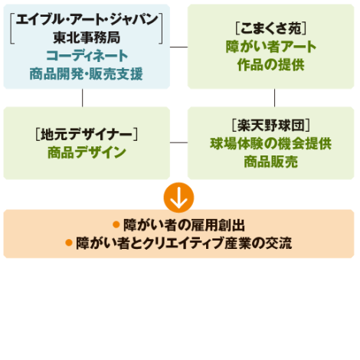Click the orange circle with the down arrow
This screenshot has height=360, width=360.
(x=178, y=198)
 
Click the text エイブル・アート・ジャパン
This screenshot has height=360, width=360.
(x=87, y=19)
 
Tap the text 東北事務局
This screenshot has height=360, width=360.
(x=87, y=38)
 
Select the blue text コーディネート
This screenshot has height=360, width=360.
(x=87, y=56)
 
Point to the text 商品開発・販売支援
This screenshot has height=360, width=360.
(x=87, y=74)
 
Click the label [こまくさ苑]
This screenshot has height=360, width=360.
(x=271, y=28)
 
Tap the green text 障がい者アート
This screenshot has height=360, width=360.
(x=271, y=47)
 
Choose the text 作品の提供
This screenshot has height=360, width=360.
(x=271, y=65)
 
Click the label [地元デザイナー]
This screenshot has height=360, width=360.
(x=87, y=134)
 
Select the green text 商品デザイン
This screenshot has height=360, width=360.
(x=87, y=152)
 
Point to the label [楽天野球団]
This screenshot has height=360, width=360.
(x=271, y=126)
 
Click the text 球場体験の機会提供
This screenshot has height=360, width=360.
(x=271, y=143)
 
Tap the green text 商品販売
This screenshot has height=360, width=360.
(x=271, y=162)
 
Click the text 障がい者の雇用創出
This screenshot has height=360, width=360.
(x=185, y=225)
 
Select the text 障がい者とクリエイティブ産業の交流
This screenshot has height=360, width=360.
(x=184, y=243)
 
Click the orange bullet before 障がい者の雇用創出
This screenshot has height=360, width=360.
(x=116, y=224)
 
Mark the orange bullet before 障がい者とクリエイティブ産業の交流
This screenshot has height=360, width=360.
(x=69, y=243)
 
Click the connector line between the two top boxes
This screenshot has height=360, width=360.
(x=178, y=47)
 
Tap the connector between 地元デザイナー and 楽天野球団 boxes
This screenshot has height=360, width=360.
(x=178, y=142)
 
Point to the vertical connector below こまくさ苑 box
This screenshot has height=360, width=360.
(x=274, y=98)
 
